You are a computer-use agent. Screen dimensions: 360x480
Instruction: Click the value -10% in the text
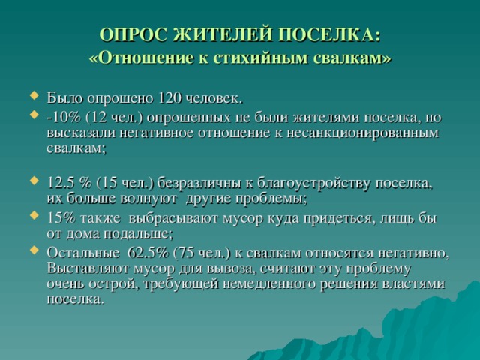tap(62, 118)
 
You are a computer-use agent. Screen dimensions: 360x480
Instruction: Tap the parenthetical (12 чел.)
tap(113, 118)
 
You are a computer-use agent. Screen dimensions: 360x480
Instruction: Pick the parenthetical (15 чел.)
tap(120, 184)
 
